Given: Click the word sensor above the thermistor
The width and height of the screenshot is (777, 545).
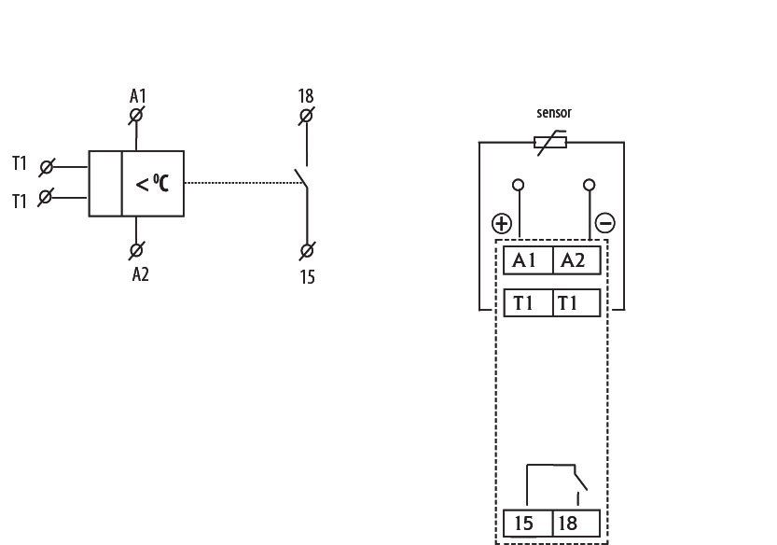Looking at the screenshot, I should click(x=553, y=113).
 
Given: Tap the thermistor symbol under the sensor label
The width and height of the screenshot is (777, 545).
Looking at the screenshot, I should click(x=550, y=143).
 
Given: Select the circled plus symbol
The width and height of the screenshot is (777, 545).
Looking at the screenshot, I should click(x=502, y=223).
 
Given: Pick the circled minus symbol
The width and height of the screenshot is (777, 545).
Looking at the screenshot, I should click(x=605, y=223).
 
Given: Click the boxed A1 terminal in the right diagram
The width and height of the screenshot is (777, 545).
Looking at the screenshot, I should click(x=528, y=260).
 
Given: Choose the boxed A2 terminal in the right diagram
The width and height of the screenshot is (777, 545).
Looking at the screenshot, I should click(x=576, y=260).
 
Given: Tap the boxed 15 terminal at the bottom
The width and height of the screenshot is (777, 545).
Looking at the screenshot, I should click(x=528, y=523).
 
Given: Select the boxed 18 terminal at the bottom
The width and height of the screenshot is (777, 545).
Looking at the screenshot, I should click(x=576, y=523).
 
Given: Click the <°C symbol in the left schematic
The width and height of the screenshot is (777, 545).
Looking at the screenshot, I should click(x=153, y=184).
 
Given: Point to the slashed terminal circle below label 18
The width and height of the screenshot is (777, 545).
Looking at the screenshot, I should click(x=306, y=117).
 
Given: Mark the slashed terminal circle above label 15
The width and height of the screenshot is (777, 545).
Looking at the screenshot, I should click(x=307, y=250).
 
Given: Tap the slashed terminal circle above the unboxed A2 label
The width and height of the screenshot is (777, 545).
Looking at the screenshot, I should click(x=136, y=250).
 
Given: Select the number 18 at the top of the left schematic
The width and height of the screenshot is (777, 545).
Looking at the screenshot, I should click(x=306, y=96).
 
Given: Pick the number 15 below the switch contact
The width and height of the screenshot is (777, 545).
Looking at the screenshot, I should click(x=308, y=277).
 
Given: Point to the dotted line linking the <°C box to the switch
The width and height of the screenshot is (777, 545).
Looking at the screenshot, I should click(x=243, y=184).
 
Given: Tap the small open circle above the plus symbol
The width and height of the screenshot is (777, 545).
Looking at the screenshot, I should click(x=520, y=185).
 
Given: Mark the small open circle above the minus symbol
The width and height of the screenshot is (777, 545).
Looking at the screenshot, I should click(x=589, y=185).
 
